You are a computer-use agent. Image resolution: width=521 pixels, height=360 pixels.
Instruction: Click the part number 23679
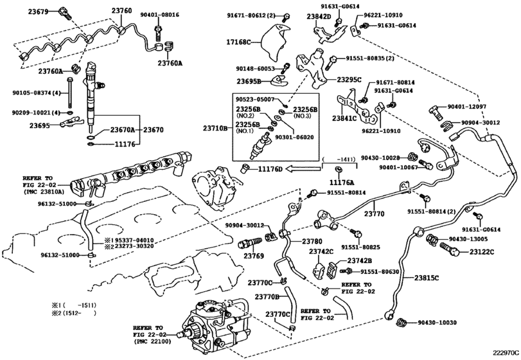[x=38, y=12]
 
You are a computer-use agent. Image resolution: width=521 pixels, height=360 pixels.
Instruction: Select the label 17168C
[x=238, y=42]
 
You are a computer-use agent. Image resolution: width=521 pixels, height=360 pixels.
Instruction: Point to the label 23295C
[x=349, y=80]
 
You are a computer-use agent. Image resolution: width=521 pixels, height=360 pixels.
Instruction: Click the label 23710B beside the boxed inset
[x=215, y=128]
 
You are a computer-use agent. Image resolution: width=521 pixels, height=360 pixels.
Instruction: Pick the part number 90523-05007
[x=255, y=99]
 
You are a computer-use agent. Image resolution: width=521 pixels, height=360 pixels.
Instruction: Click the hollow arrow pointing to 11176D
[x=303, y=169]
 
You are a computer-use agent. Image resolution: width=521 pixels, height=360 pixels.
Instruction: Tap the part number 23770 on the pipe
[x=374, y=213]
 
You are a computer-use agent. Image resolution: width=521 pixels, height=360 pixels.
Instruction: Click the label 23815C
[x=427, y=278]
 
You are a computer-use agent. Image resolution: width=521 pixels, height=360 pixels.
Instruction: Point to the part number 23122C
[x=482, y=252]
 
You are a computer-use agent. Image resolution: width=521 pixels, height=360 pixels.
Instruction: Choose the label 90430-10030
[x=437, y=323]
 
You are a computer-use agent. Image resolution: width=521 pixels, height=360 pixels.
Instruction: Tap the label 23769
[x=254, y=256]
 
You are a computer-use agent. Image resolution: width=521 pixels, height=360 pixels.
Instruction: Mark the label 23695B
[x=249, y=81]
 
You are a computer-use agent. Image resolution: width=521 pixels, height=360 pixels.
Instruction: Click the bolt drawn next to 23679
[x=64, y=12]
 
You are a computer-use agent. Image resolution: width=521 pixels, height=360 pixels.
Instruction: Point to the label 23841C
[x=344, y=118]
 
